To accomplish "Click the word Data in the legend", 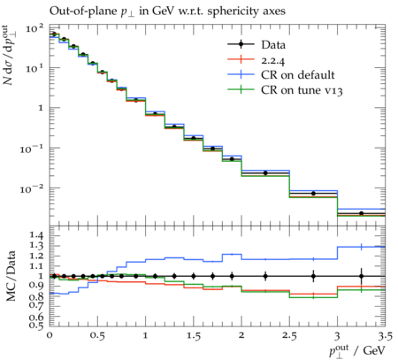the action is click(273, 45).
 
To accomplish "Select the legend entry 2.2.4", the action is click(273, 60).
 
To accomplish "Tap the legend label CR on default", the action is click(298, 75).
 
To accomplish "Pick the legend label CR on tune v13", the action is click(302, 90).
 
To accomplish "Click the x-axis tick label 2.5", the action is click(289, 336).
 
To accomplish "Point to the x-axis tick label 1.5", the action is click(194, 336).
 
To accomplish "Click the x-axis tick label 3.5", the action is click(386, 336).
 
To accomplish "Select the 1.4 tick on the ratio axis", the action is click(35, 235).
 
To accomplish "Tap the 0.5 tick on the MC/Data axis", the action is click(35, 326).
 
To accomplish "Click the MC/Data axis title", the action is click(11, 276).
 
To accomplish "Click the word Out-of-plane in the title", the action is click(83, 11).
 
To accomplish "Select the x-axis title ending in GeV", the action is click(357, 351).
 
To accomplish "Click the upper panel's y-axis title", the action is click(11, 55).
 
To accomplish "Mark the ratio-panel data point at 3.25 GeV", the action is click(362, 276).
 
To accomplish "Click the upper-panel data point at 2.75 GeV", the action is click(313, 194).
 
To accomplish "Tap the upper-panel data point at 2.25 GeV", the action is click(265, 173).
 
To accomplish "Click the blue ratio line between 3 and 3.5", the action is click(362, 247).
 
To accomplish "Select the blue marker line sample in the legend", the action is click(241, 75).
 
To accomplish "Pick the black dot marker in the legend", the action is click(241, 44).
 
